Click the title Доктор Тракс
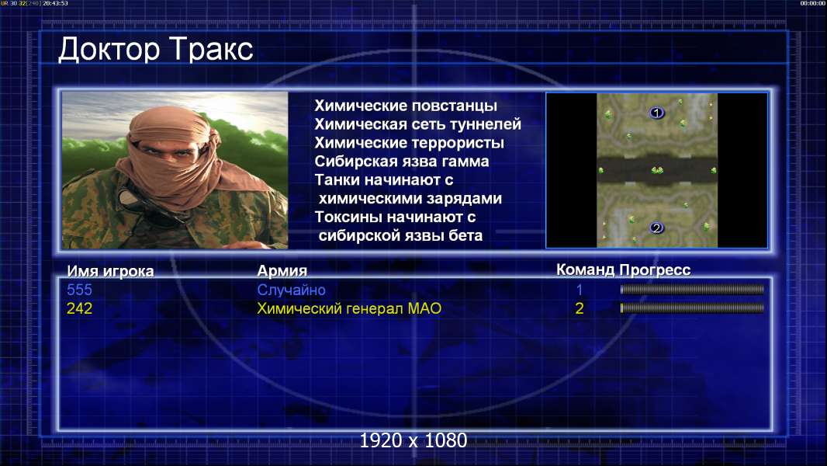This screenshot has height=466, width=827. click(156, 50)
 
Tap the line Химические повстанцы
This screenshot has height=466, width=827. click(406, 106)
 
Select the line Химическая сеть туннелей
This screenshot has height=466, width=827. click(417, 124)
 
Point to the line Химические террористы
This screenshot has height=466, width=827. click(410, 143)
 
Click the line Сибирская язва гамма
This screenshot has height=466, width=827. click(402, 161)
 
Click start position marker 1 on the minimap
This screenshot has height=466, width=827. click(656, 113)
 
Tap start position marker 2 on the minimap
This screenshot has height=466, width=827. click(656, 228)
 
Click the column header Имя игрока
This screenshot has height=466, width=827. click(110, 271)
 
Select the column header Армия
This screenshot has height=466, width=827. click(282, 271)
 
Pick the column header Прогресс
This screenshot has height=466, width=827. click(655, 270)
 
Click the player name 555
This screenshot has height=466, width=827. click(79, 290)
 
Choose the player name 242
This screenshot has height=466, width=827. click(79, 308)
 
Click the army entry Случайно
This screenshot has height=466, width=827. click(291, 290)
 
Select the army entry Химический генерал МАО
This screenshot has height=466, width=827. click(349, 308)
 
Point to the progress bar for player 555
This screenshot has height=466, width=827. click(692, 289)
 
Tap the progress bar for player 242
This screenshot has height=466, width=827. click(692, 308)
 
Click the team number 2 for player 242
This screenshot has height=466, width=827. click(579, 308)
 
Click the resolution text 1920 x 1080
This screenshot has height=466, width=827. click(413, 440)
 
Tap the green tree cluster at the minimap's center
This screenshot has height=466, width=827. click(657, 170)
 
